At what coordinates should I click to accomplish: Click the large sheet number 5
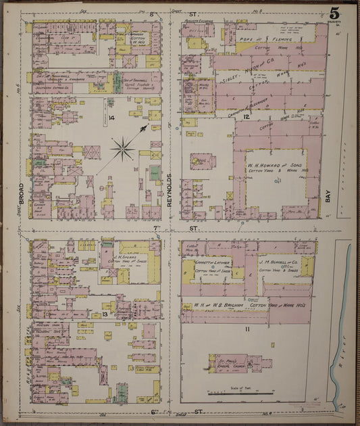[x=335, y=14]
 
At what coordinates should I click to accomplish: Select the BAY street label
[x=328, y=197]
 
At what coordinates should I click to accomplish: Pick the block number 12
[x=248, y=118]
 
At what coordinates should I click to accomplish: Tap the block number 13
[x=105, y=314]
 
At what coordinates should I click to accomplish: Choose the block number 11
[x=248, y=329]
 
